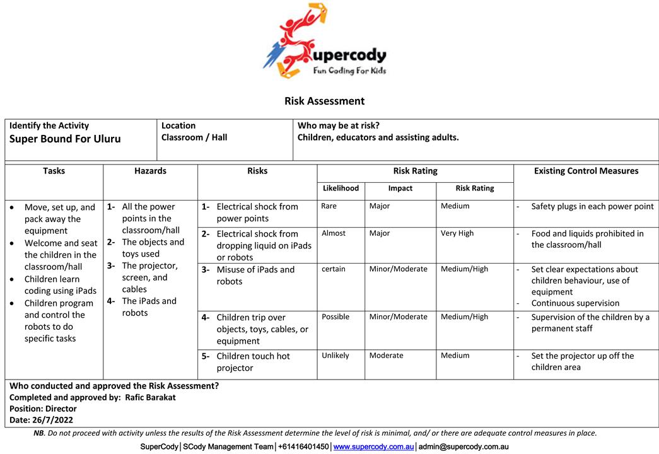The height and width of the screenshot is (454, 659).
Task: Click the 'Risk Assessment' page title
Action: (x=324, y=101)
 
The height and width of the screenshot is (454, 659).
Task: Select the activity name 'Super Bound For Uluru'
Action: (x=65, y=139)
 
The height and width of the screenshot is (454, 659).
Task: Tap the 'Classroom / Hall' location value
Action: (x=194, y=137)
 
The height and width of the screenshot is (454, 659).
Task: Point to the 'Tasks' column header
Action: (x=54, y=171)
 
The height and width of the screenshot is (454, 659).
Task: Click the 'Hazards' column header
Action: (x=150, y=171)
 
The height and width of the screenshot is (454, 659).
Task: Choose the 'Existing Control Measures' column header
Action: (x=586, y=171)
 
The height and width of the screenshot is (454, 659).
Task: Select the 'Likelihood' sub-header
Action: (x=341, y=188)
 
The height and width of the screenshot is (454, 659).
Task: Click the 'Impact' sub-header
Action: (x=400, y=188)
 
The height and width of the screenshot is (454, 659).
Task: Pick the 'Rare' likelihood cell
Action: (x=329, y=206)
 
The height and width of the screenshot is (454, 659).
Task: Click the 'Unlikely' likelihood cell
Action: (x=335, y=356)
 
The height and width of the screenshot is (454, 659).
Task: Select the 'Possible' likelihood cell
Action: (x=335, y=317)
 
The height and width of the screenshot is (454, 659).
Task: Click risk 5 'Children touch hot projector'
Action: (x=253, y=362)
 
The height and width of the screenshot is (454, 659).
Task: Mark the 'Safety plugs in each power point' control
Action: (x=592, y=206)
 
